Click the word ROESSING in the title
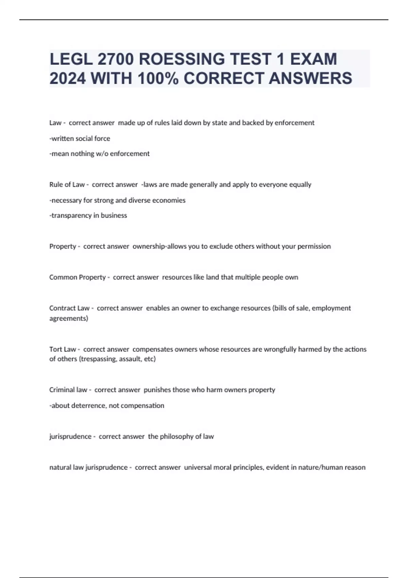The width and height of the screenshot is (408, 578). (182, 59)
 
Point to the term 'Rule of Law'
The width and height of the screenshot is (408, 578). (67, 185)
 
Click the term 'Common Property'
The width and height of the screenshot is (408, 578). (78, 277)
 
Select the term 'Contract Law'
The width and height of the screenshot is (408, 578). (69, 308)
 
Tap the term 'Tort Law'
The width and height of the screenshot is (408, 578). (63, 349)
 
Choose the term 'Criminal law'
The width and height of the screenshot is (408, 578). (68, 390)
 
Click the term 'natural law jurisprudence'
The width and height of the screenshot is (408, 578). (88, 468)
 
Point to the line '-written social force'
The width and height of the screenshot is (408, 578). (80, 139)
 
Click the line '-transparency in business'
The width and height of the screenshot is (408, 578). (88, 216)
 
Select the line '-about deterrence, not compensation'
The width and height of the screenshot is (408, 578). (107, 406)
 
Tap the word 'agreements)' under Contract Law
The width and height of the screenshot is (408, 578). (69, 319)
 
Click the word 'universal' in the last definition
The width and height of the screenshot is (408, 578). (199, 468)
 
